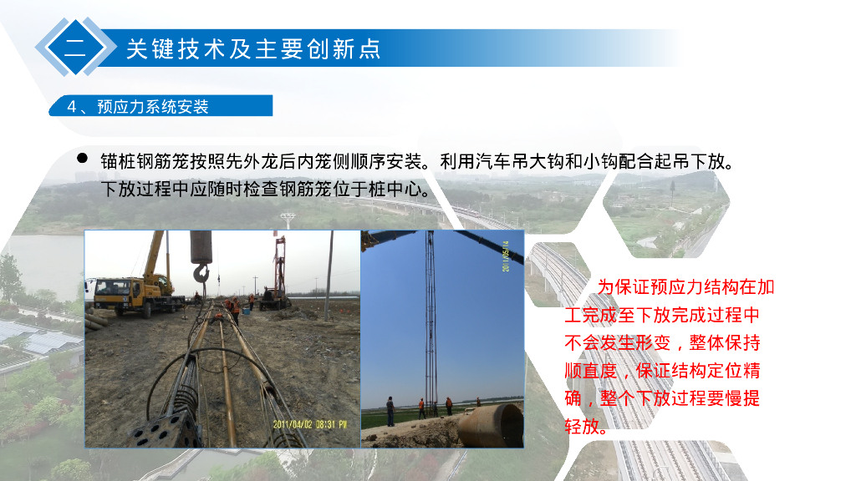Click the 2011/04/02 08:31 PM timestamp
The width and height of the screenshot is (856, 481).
coord(308,424)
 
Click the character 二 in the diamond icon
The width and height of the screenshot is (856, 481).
coord(74,48)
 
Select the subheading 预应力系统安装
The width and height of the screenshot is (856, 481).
coord(152,106)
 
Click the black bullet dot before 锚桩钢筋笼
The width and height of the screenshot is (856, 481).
coord(83,158)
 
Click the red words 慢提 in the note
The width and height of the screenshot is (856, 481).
coord(745,398)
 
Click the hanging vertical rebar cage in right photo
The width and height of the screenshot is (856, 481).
coord(430,317)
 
